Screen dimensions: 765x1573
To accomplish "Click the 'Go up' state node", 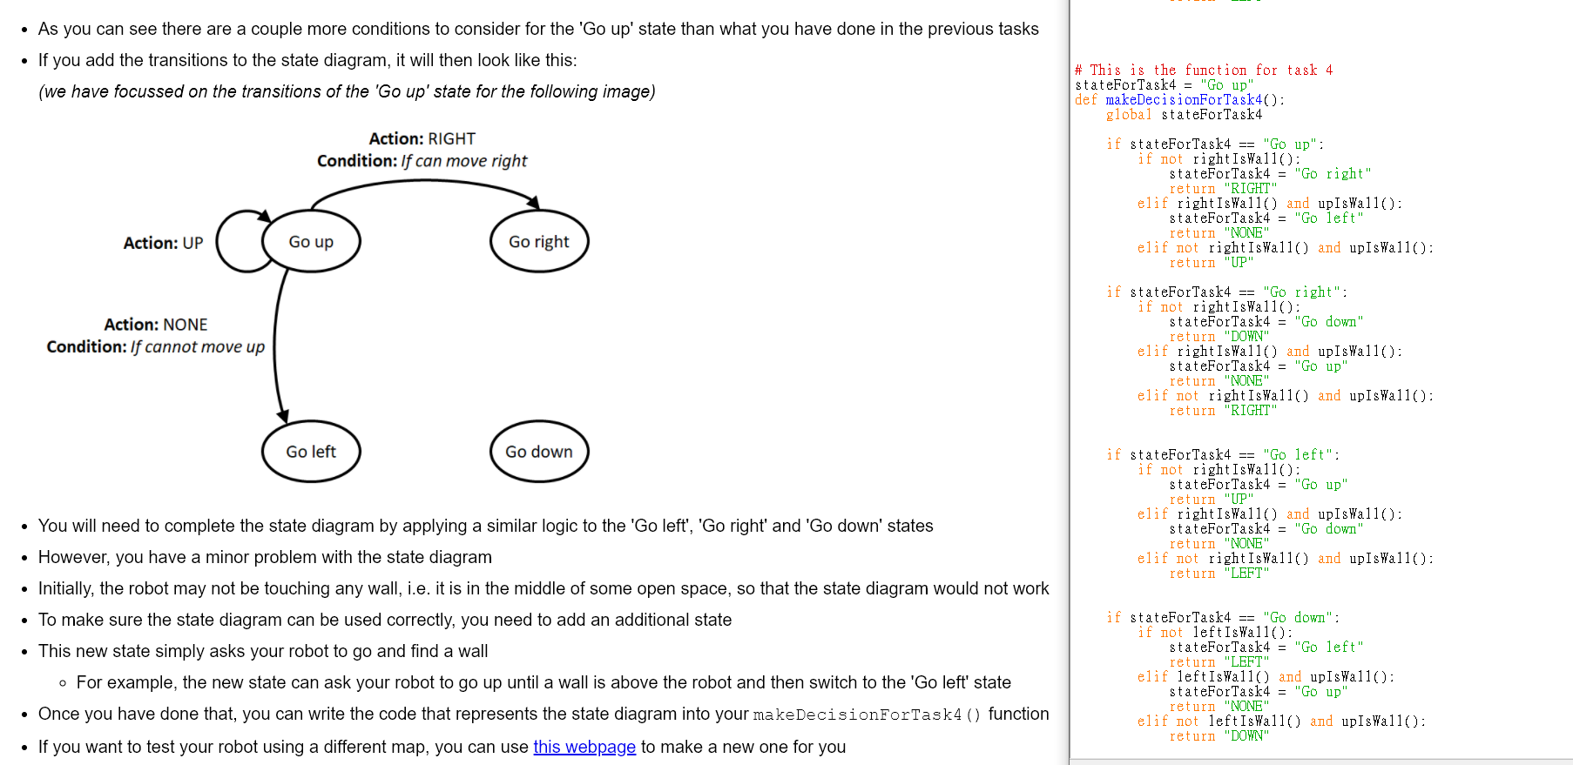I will pos(311,242).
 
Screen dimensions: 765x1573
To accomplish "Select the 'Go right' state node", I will pos(539,242).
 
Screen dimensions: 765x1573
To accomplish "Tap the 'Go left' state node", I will pos(311,452).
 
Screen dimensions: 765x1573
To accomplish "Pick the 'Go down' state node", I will pos(539,452).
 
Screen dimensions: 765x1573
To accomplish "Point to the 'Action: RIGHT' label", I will pos(422,138).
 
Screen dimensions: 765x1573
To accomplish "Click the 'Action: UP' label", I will pos(163,243).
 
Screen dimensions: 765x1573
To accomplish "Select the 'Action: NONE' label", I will pos(156,325).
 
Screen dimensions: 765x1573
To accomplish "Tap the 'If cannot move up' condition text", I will pos(198,346).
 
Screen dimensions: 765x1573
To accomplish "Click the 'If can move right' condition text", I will pos(464,161).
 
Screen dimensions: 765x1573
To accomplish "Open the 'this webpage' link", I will pos(584,747).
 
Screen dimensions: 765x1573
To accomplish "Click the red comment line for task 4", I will pos(1204,70).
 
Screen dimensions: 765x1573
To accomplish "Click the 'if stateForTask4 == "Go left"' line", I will pos(1223,454).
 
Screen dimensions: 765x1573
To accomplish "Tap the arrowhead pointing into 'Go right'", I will pos(533,203).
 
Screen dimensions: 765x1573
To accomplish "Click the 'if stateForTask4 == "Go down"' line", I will pos(1223,617).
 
